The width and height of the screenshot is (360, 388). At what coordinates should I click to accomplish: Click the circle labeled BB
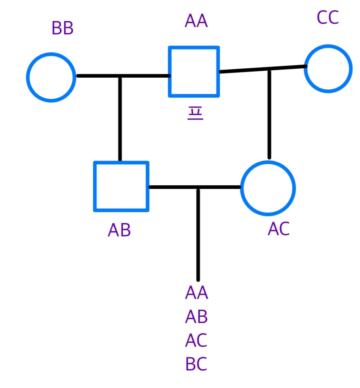(x=51, y=77)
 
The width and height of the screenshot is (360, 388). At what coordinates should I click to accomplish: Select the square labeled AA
(x=194, y=72)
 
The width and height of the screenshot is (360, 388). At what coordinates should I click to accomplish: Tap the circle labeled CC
(x=328, y=69)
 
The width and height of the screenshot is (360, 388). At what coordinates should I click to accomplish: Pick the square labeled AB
(x=121, y=186)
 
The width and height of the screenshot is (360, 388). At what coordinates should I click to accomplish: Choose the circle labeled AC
(x=268, y=187)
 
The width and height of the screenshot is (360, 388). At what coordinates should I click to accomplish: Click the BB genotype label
(x=63, y=29)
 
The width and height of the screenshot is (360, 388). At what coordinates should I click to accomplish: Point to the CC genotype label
(x=328, y=18)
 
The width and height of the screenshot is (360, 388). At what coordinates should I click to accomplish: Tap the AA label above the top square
(x=196, y=21)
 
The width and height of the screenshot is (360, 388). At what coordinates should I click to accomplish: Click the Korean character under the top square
(x=195, y=113)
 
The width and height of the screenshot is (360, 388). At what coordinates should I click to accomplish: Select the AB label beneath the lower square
(x=119, y=231)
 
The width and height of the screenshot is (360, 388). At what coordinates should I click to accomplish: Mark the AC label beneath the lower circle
(x=279, y=229)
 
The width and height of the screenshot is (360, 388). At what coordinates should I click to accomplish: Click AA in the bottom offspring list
(x=197, y=293)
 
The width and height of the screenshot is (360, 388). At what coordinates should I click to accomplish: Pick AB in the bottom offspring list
(x=197, y=316)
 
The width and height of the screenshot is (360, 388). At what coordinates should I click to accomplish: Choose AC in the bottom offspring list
(x=197, y=340)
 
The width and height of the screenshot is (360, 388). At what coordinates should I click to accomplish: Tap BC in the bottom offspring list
(x=197, y=364)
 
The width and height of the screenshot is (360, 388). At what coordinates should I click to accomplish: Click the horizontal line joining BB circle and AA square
(x=98, y=76)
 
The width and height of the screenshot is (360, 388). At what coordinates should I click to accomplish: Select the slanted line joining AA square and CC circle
(x=245, y=70)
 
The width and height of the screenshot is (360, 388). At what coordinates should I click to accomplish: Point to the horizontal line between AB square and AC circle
(x=172, y=187)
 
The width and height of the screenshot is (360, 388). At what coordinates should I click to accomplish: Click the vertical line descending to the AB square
(x=120, y=119)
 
